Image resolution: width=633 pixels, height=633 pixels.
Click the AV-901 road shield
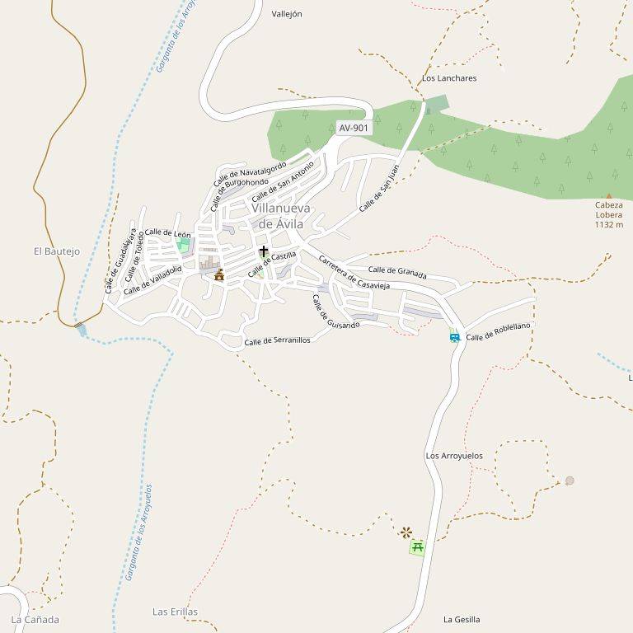tap(354, 128)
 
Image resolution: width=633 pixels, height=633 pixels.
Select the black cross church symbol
tap(264, 251)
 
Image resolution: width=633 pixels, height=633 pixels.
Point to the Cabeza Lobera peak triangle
tap(609, 195)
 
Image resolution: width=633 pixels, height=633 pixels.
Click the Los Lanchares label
tap(449, 78)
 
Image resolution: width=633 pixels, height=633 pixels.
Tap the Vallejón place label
tap(287, 14)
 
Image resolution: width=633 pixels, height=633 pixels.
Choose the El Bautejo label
tap(57, 251)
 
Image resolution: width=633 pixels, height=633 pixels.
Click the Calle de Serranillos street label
tap(277, 340)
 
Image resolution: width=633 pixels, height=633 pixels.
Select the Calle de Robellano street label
tap(499, 332)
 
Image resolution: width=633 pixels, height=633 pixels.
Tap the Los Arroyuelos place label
tap(454, 456)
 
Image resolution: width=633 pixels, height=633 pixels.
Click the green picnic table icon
tap(418, 546)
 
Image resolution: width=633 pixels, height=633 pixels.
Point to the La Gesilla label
tap(462, 619)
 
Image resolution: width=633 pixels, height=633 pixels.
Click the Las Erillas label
tap(175, 612)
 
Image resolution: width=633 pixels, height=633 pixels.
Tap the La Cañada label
tap(35, 619)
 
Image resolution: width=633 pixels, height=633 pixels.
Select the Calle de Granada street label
tap(397, 271)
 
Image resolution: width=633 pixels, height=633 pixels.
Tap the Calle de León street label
tap(167, 234)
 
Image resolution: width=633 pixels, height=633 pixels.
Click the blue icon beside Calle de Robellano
tap(455, 336)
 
